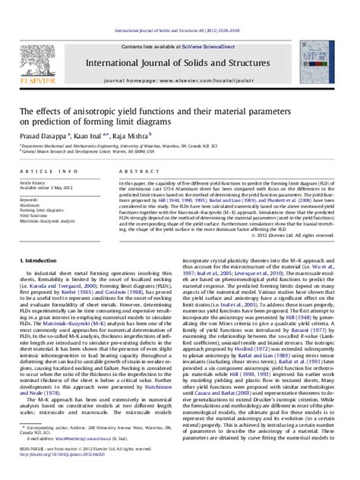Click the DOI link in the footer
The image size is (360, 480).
click(x=76, y=472)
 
